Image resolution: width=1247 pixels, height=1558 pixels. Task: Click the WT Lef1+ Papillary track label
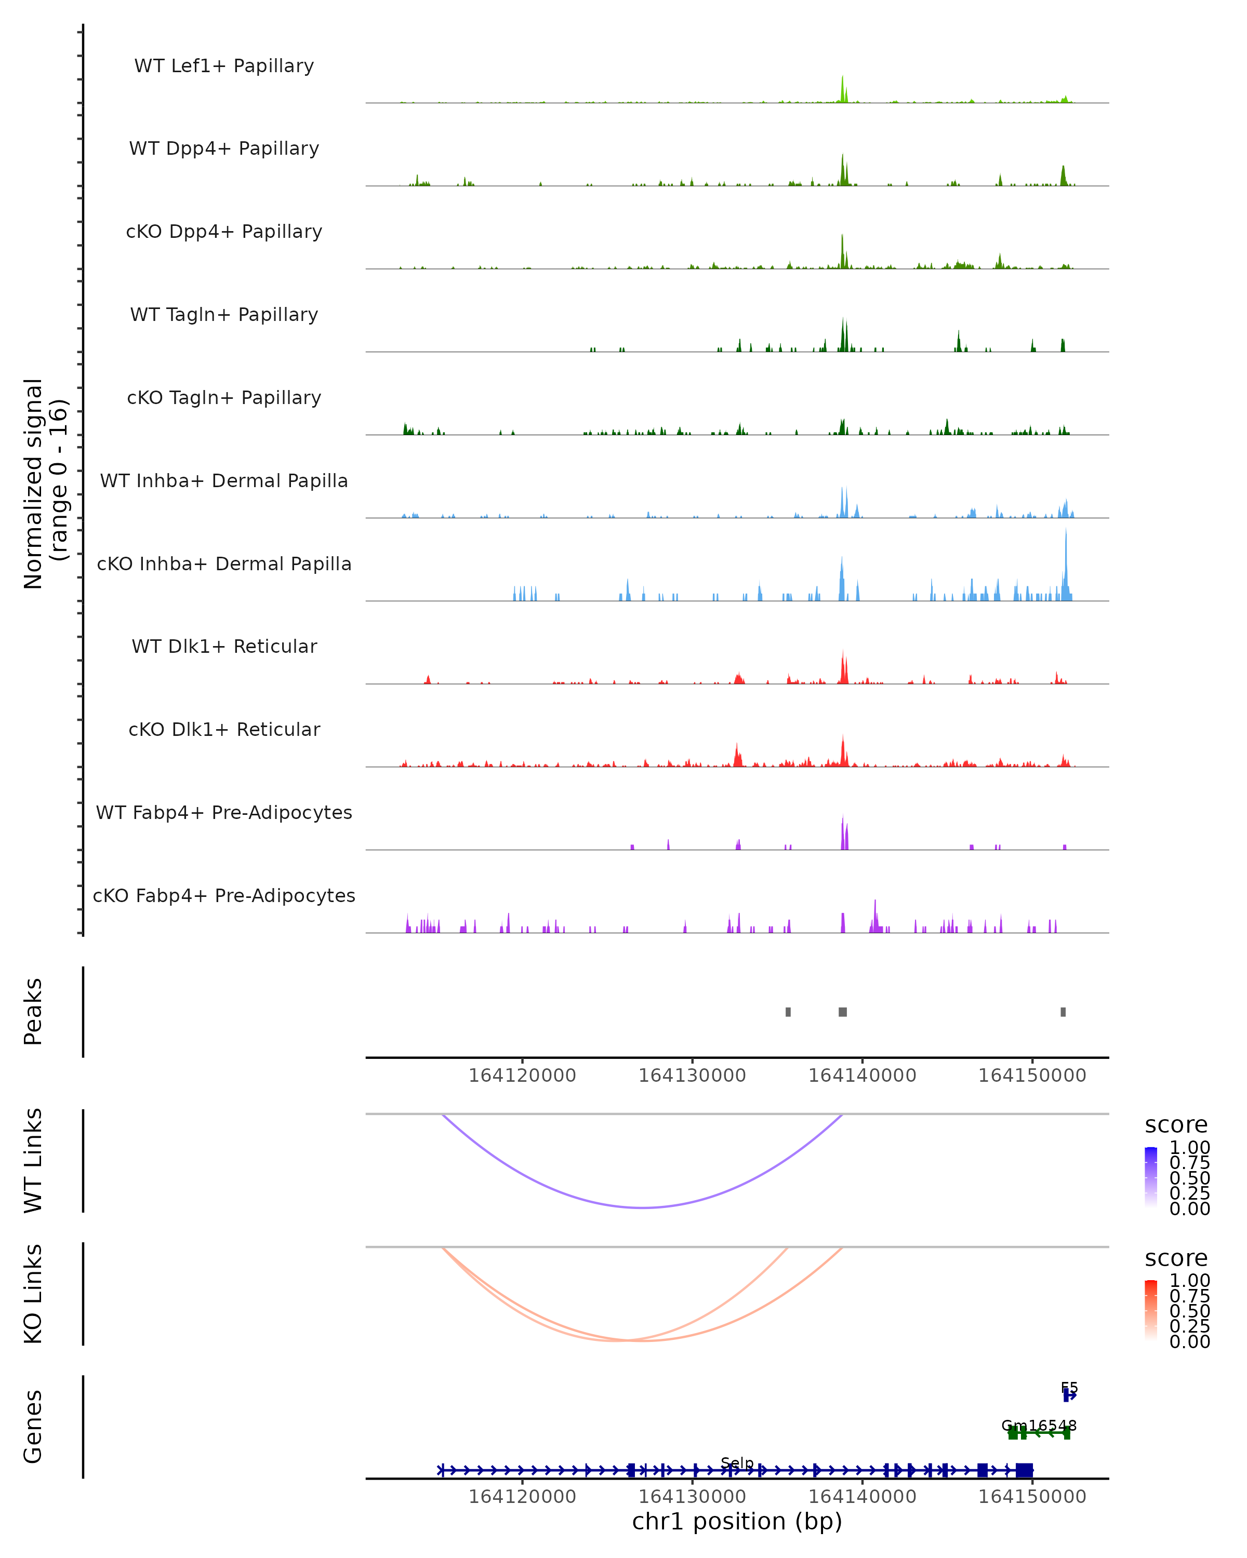[224, 66]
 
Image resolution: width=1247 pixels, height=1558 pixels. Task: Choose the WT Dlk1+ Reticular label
[224, 646]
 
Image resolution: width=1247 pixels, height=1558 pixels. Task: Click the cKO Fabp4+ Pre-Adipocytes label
[224, 895]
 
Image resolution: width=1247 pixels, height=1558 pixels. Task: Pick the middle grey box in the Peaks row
[843, 1012]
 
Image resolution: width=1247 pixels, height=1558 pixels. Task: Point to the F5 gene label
[1069, 1388]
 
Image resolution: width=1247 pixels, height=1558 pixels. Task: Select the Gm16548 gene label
[1039, 1426]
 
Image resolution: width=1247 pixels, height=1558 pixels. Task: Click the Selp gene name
[737, 1463]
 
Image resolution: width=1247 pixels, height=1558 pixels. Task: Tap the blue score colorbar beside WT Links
[1151, 1177]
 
